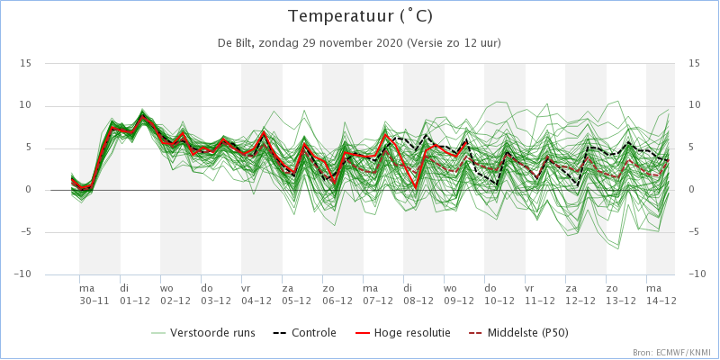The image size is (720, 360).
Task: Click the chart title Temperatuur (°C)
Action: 361,16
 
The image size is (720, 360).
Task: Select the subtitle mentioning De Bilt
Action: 358,43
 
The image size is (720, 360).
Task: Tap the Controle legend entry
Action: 305,332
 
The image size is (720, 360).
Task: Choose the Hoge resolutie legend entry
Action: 400,332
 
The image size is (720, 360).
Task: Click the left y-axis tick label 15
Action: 26,63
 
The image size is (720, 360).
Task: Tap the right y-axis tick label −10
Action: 697,274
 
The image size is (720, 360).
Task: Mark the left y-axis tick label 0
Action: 29,190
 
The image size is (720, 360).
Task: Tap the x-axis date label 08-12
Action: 417,301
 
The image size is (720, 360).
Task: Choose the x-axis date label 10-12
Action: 499,301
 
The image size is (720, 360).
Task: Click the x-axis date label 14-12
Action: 661,301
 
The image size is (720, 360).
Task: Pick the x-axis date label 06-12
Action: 336,301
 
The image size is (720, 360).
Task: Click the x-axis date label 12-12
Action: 579,301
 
